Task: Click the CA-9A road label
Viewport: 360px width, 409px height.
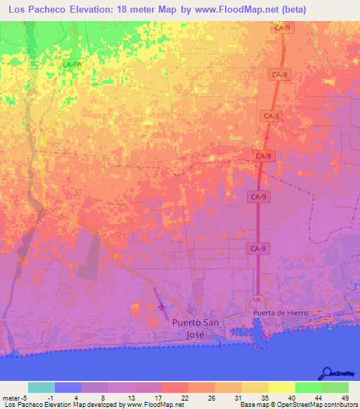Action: point(72,65)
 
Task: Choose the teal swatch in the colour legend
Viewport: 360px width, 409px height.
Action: point(41,387)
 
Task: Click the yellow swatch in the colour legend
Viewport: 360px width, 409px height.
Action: point(281,387)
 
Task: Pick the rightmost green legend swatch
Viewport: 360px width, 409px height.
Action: point(335,387)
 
